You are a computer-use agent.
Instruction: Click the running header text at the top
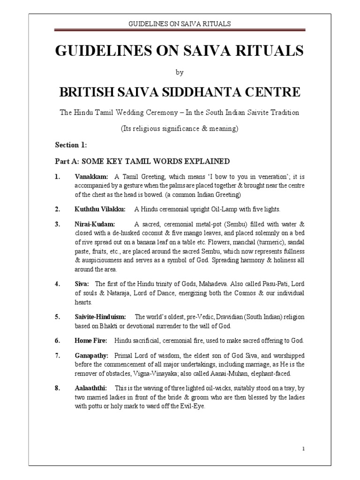(x=180, y=23)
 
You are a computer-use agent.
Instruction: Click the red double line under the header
(x=180, y=30)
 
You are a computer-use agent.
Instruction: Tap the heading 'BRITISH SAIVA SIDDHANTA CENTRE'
(x=180, y=92)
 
